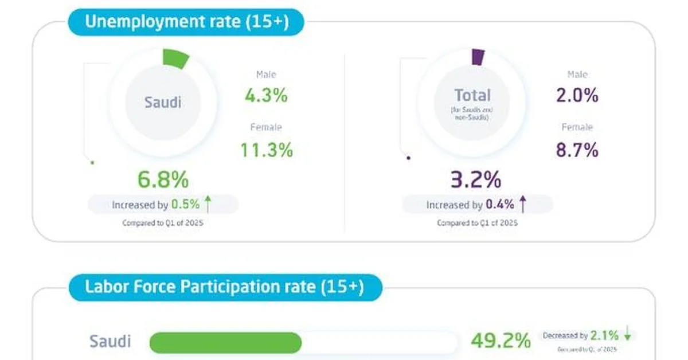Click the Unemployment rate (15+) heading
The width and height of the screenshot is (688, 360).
click(x=186, y=22)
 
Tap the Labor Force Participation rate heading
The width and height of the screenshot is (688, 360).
click(x=224, y=286)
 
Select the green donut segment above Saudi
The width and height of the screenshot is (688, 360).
click(x=175, y=58)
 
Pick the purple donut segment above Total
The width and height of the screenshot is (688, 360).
click(x=478, y=56)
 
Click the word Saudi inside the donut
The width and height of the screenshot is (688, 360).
click(x=163, y=103)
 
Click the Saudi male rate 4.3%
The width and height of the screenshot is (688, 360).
click(x=266, y=96)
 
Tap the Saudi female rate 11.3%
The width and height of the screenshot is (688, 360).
click(x=266, y=150)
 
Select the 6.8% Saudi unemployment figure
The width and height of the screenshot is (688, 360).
click(x=163, y=180)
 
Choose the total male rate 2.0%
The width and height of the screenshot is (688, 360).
click(x=577, y=96)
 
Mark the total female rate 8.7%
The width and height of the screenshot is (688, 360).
click(x=577, y=150)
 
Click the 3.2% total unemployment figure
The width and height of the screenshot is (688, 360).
click(x=475, y=180)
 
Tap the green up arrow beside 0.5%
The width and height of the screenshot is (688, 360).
click(x=208, y=204)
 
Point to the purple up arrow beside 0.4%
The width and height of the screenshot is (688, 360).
click(x=522, y=204)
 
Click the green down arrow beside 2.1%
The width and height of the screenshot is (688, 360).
click(x=627, y=334)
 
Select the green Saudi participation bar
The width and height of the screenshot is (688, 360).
click(x=225, y=342)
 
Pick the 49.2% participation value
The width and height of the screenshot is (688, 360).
click(x=500, y=342)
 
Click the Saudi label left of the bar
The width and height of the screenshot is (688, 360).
click(x=110, y=342)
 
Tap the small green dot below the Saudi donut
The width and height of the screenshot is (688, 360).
click(x=92, y=163)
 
